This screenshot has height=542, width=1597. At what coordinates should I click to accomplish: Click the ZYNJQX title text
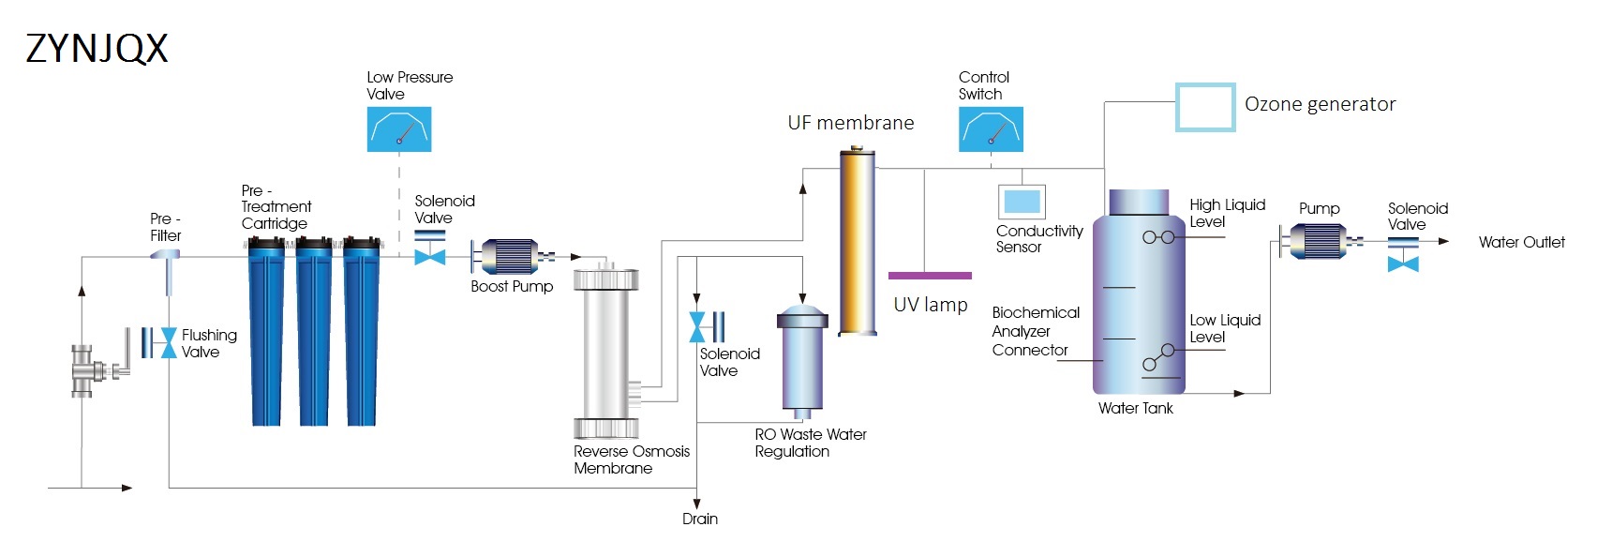[x=97, y=48]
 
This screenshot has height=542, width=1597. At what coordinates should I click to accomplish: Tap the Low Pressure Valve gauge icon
[x=399, y=129]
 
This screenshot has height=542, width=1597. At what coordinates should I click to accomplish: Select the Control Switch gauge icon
[x=991, y=129]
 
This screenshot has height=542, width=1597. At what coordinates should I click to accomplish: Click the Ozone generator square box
[x=1205, y=107]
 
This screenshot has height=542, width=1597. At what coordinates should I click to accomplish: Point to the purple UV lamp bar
[x=930, y=276]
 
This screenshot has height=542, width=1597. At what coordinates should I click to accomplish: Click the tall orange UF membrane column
[x=857, y=242]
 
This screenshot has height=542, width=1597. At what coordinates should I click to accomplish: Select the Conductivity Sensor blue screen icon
[x=1022, y=201]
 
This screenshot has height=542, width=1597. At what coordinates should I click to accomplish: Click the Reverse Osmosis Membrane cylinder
[x=605, y=352]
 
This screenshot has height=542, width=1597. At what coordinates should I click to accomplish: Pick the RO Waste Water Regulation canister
[x=802, y=361]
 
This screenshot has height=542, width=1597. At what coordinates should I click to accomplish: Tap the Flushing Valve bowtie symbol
[x=169, y=342]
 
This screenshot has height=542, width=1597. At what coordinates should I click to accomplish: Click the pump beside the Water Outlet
[x=1320, y=241]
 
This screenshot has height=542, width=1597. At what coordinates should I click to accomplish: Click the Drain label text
[x=700, y=519]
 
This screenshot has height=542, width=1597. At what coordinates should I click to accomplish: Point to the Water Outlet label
[x=1521, y=242]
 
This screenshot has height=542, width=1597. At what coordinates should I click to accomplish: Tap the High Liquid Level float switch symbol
[x=1158, y=237]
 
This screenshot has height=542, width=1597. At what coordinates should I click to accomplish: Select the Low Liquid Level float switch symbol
[x=1158, y=357]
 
